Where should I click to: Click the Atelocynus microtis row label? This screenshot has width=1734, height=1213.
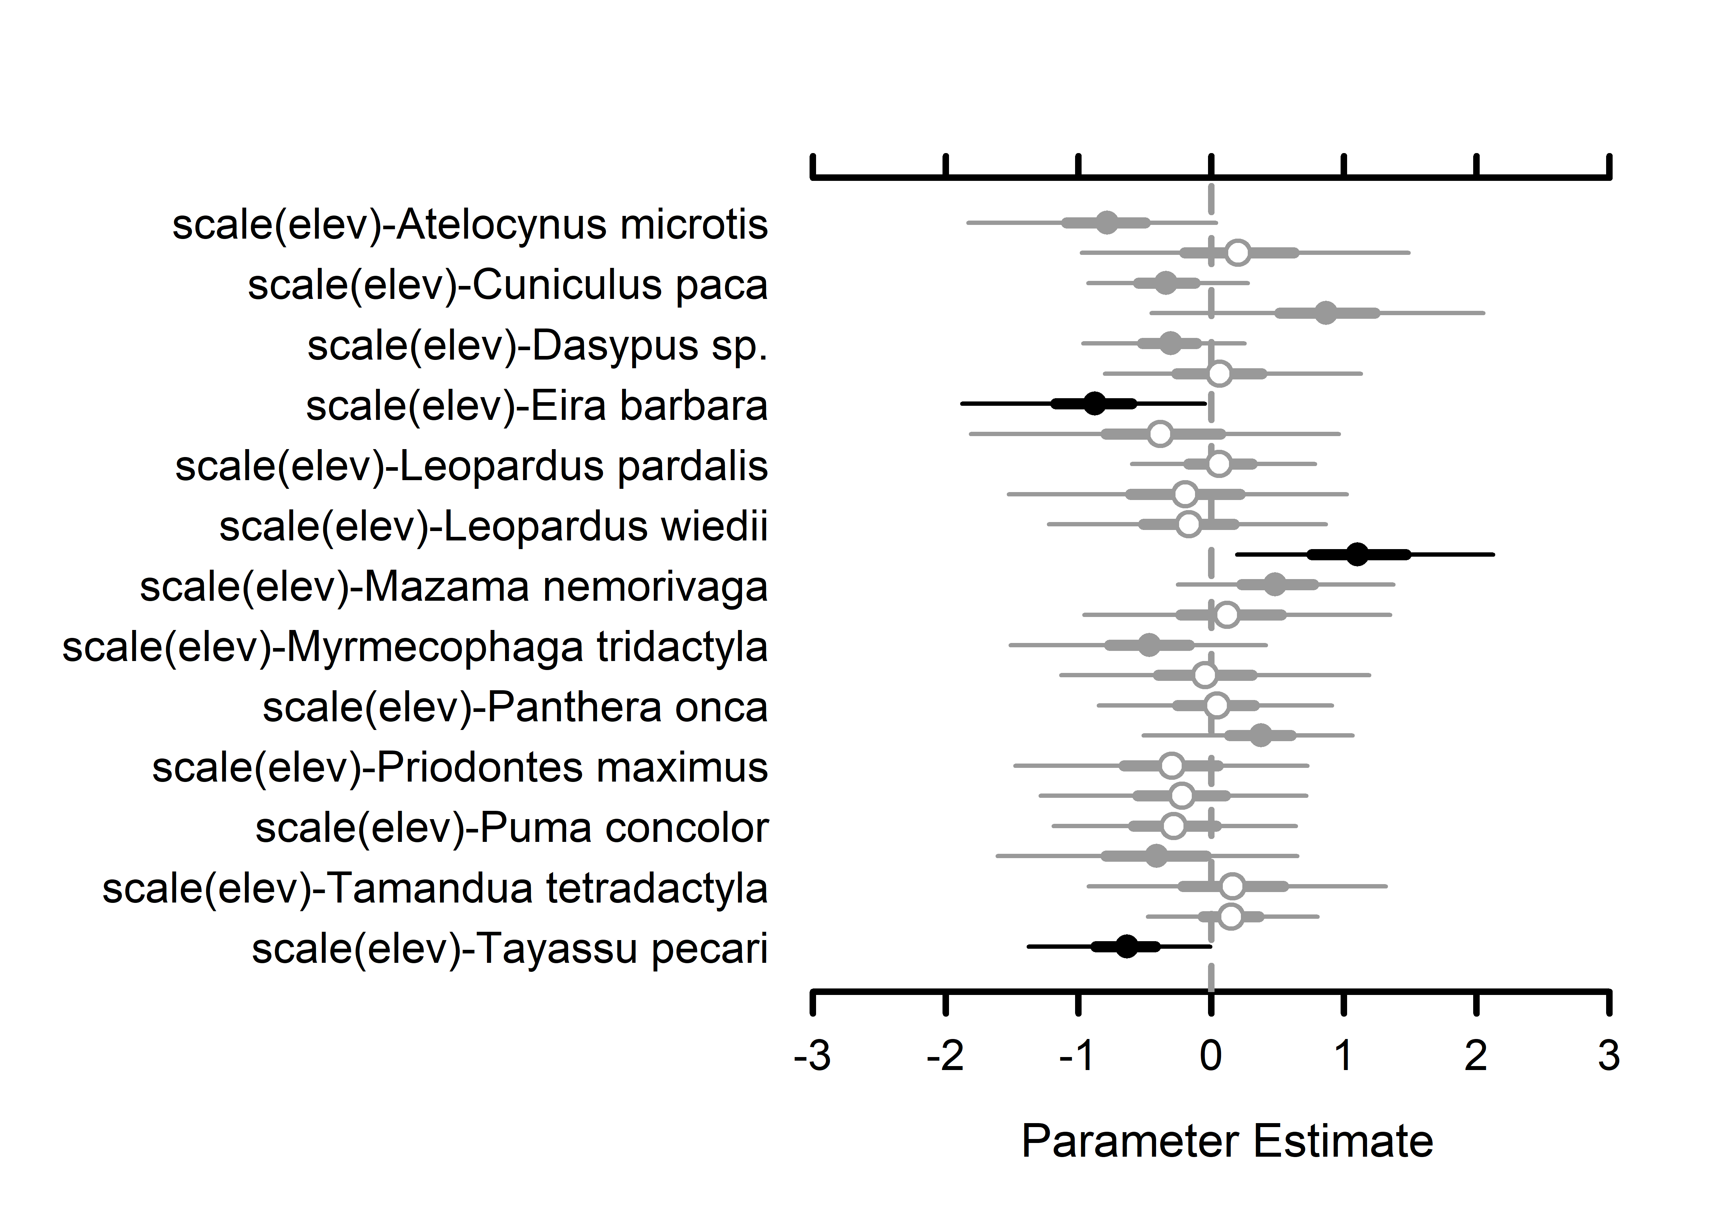click(470, 225)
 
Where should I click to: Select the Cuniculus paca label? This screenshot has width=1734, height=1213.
click(508, 285)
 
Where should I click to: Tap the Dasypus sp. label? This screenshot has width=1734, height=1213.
click(537, 346)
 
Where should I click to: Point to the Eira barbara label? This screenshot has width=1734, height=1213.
click(536, 406)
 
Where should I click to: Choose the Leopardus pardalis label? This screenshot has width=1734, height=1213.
click(471, 466)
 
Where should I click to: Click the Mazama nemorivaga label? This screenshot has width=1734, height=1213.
click(453, 587)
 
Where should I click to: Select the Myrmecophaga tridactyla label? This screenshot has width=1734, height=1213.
click(415, 648)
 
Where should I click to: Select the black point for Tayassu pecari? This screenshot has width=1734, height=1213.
click(1126, 946)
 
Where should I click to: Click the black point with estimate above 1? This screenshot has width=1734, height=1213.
click(1357, 554)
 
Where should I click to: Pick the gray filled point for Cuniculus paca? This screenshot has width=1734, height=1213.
click(1166, 283)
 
